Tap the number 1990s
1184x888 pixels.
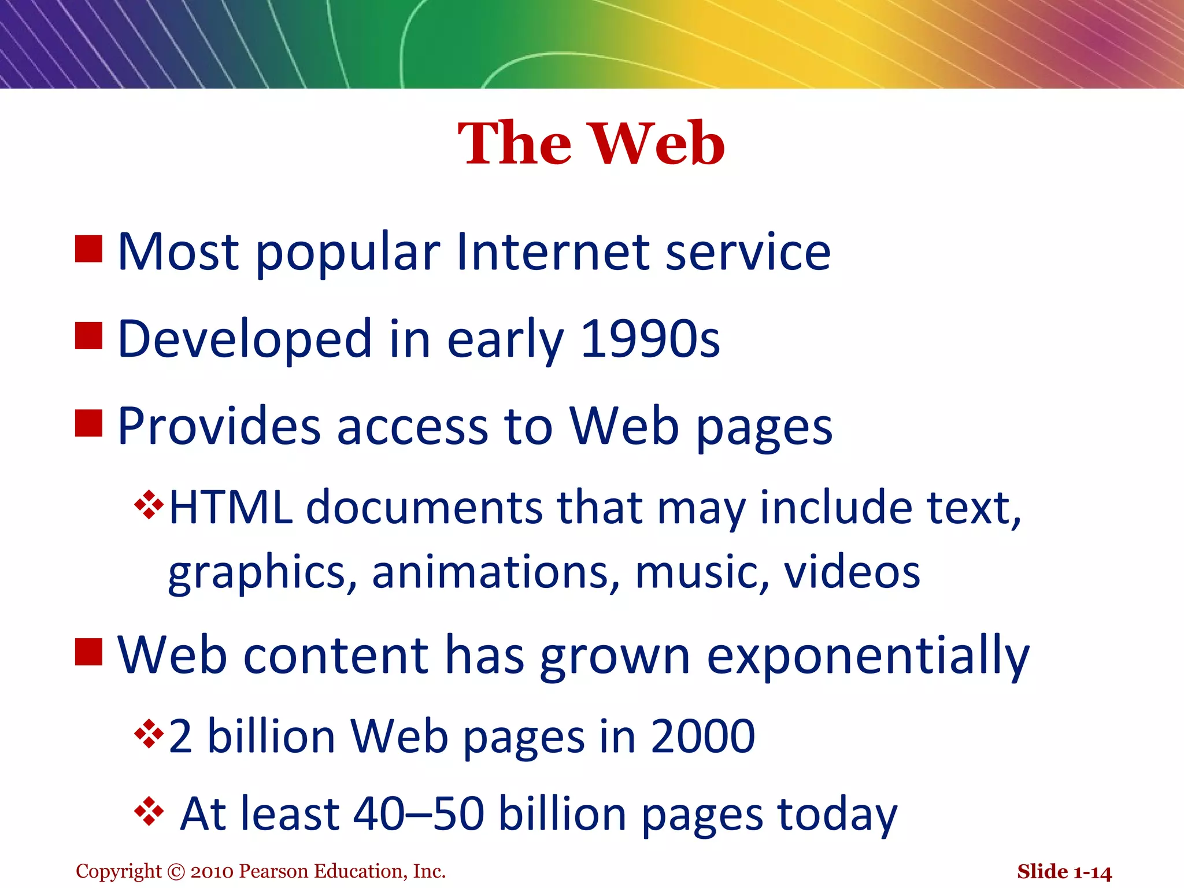(x=650, y=339)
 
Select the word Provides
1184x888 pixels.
(x=219, y=427)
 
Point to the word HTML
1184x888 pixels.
(x=231, y=508)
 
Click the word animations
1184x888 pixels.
(x=490, y=572)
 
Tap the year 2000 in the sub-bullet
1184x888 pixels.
(x=702, y=737)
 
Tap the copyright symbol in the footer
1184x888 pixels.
(x=176, y=871)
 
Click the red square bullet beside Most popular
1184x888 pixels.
(x=88, y=249)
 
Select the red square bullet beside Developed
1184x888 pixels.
(x=88, y=336)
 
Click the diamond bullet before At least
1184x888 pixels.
(x=149, y=812)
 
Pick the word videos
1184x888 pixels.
(x=852, y=572)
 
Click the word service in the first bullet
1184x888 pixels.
(x=748, y=252)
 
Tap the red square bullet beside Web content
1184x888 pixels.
(x=88, y=652)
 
